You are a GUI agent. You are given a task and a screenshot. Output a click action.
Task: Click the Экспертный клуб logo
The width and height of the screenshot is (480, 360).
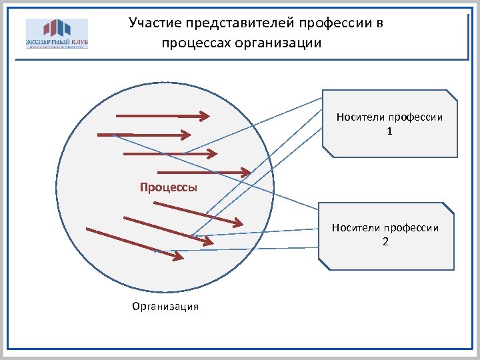[x=57, y=33]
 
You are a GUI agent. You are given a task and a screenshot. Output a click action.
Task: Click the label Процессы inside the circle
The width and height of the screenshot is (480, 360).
[x=169, y=187]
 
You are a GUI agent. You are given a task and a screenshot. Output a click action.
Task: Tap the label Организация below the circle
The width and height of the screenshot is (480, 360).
[x=165, y=307]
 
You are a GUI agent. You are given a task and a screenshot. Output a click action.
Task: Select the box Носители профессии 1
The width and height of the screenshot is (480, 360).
[x=390, y=123]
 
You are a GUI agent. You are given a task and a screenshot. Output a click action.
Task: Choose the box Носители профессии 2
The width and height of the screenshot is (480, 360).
[x=386, y=235]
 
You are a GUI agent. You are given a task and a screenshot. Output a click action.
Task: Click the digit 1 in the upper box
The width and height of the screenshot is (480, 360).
[x=390, y=132]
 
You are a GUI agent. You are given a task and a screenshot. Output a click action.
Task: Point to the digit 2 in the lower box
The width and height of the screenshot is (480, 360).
[x=386, y=241]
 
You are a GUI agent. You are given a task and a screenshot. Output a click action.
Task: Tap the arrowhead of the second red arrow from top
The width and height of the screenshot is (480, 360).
[x=187, y=135]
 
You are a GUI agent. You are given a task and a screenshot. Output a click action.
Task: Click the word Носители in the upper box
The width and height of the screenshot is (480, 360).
[x=357, y=117]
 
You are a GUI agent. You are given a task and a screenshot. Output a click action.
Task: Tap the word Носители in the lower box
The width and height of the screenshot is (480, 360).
[x=353, y=228]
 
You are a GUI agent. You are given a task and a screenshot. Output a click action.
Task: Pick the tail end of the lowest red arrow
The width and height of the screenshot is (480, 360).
[x=88, y=230]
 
